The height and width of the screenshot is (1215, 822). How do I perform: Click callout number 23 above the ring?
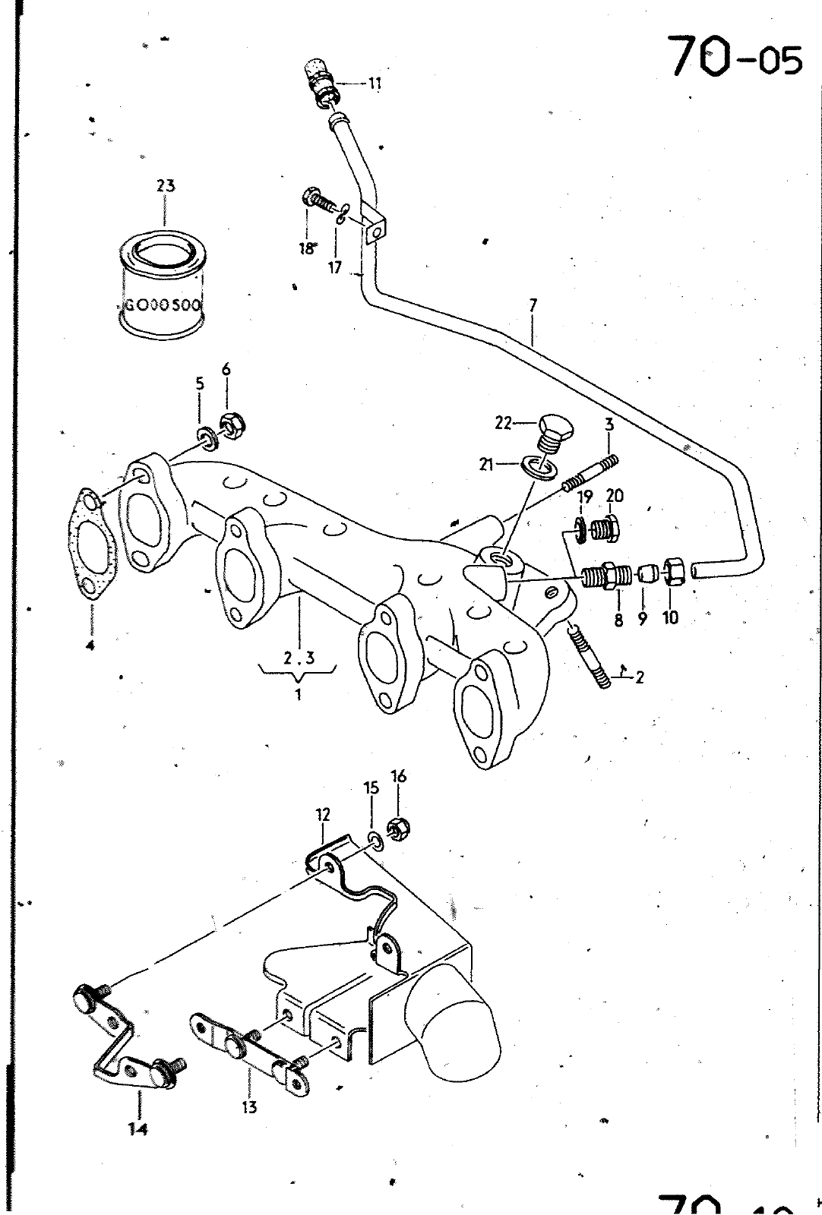click(166, 185)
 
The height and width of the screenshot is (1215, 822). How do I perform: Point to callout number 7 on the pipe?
click(533, 305)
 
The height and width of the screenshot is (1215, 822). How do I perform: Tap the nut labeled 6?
click(232, 424)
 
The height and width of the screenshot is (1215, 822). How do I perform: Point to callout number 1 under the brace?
click(299, 694)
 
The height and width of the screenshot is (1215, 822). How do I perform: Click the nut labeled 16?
click(397, 827)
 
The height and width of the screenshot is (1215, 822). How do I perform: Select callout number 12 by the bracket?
click(323, 815)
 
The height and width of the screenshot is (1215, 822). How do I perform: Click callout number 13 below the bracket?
click(250, 1106)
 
